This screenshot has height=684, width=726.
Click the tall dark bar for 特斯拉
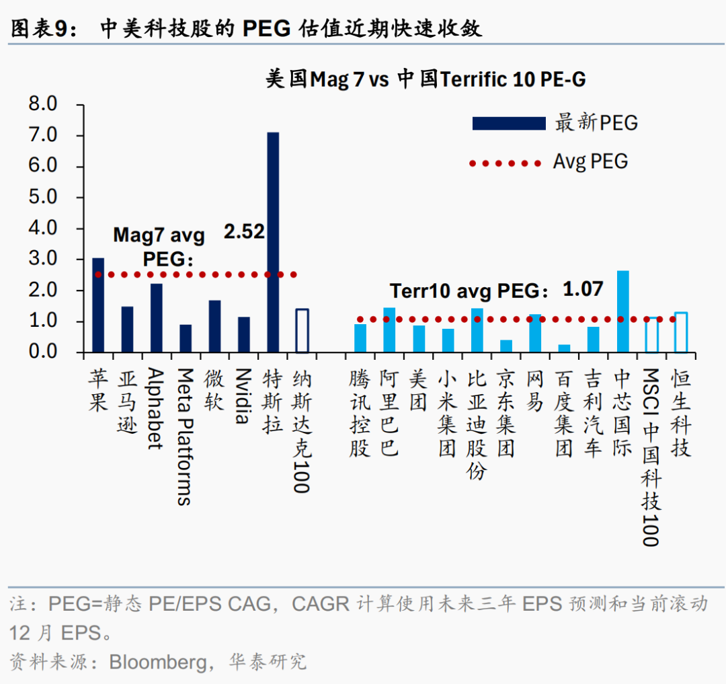pos(273,242)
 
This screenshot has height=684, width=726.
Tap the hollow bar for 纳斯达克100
pos(302,330)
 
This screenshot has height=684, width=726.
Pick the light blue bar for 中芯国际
pos(623,311)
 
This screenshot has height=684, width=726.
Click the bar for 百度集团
pos(564,348)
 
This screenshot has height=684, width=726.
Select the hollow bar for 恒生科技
pos(681,332)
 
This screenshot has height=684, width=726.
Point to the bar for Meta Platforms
pos(186,338)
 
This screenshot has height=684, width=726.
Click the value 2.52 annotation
pos(244,232)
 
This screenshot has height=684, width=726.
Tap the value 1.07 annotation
pos(583,290)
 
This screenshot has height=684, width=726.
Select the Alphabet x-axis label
pos(156,408)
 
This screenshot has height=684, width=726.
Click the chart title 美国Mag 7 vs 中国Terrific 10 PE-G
pos(425,79)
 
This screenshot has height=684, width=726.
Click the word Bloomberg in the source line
pos(158,662)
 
